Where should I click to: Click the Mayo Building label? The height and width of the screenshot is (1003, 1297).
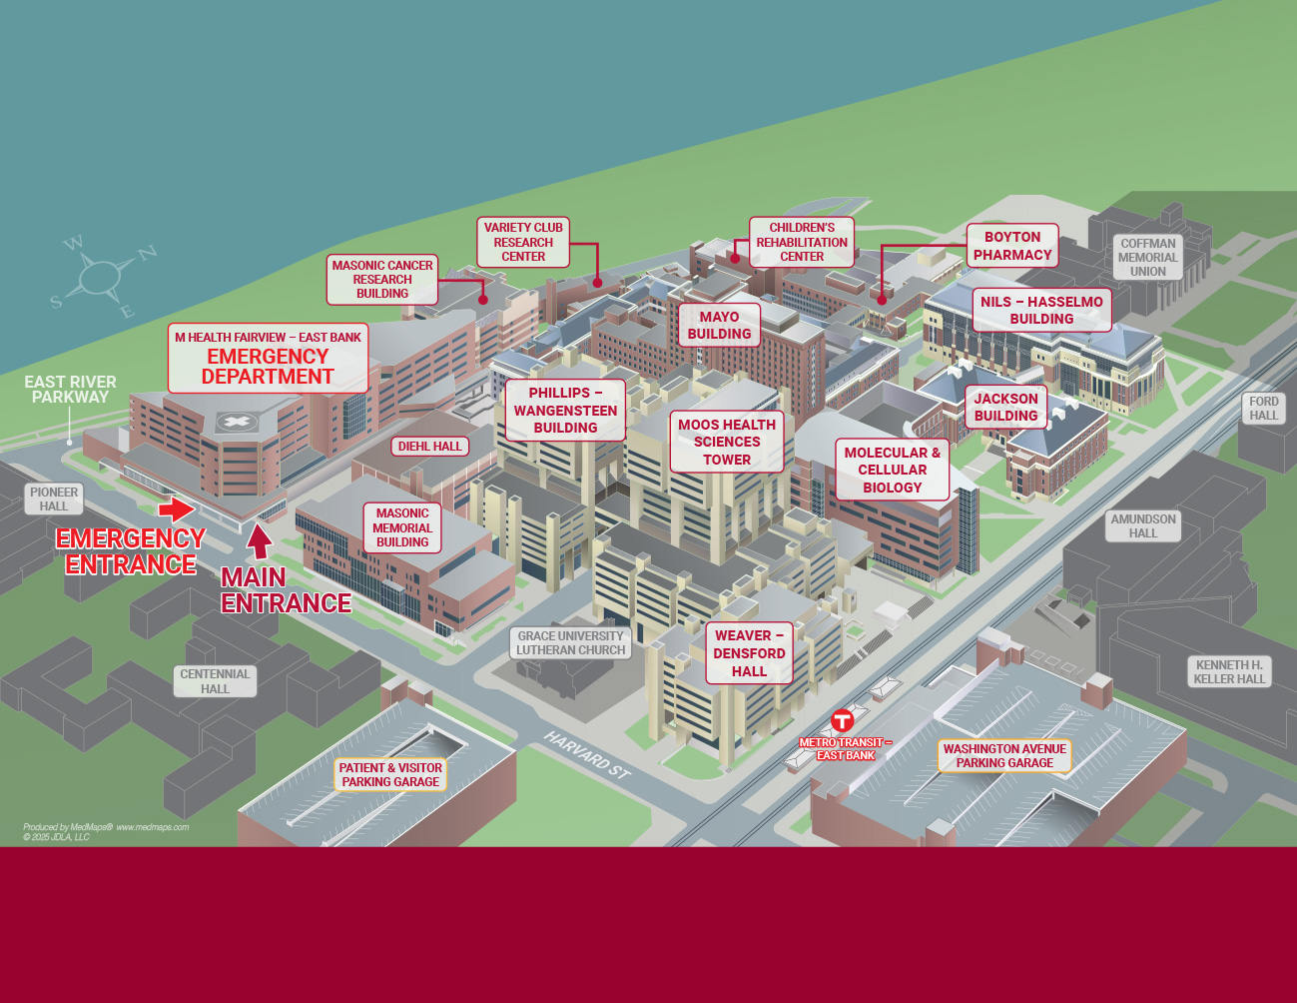click(719, 326)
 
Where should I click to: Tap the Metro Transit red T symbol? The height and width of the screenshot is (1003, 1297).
click(843, 720)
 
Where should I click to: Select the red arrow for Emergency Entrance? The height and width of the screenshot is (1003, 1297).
click(177, 509)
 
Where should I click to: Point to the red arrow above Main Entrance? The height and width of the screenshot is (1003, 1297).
click(259, 540)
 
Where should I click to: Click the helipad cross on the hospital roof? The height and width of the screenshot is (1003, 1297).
click(237, 422)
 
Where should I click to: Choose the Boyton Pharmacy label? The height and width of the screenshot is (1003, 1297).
click(1012, 246)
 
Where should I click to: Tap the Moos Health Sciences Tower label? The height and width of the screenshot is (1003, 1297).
click(727, 442)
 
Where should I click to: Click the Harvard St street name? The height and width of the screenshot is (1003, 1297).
click(587, 755)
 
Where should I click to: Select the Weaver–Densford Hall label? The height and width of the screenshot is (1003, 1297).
click(749, 653)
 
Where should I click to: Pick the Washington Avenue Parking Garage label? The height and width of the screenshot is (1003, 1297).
click(1004, 756)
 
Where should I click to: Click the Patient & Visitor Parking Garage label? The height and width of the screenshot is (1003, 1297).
click(390, 775)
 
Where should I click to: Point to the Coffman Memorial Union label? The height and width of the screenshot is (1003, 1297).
click(1147, 257)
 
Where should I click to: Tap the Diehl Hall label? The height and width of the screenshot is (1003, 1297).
click(429, 447)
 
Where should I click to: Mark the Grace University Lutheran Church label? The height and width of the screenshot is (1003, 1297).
click(570, 643)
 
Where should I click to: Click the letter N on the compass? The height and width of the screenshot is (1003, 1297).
click(147, 253)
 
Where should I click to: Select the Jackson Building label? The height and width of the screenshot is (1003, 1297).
click(1006, 407)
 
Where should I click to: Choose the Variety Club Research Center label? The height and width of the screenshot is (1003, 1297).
click(523, 242)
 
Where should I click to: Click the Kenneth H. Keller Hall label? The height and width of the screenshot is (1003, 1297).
click(1229, 671)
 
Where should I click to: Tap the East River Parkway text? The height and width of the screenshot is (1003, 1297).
click(70, 390)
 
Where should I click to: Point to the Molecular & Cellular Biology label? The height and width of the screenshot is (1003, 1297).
click(892, 470)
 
